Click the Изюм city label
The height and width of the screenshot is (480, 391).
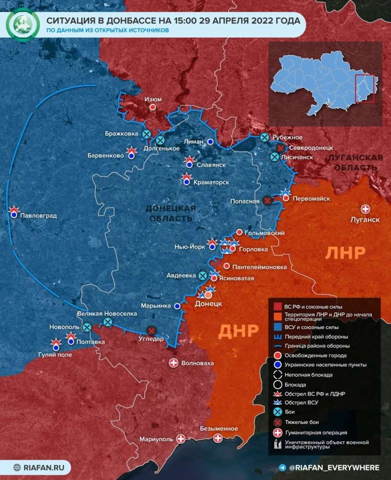click(x=153, y=99)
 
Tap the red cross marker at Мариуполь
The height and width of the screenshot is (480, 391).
click(x=181, y=439)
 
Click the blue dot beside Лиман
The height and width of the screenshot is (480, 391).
click(x=210, y=142)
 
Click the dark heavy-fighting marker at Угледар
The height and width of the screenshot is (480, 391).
click(x=152, y=331)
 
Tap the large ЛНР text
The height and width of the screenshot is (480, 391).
click(x=346, y=252)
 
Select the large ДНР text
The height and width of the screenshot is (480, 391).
click(x=239, y=331)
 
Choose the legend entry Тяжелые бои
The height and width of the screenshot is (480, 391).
click(x=299, y=422)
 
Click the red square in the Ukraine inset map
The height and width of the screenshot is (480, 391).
click(x=364, y=88)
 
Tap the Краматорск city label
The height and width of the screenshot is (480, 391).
click(x=211, y=183)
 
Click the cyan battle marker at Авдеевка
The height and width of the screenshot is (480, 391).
click(x=203, y=275)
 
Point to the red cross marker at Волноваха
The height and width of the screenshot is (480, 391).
click(x=173, y=363)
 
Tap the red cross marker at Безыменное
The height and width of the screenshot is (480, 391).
click(x=218, y=438)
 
